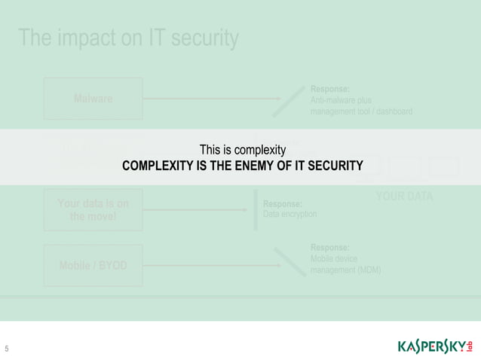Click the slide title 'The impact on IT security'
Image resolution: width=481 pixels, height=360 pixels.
tap(128, 38)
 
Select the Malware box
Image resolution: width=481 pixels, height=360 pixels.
tap(93, 99)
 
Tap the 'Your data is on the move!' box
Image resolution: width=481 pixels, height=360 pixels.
tap(93, 211)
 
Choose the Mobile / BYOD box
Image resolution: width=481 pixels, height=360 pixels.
tap(93, 266)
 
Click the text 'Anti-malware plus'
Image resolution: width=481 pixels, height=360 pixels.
tap(341, 100)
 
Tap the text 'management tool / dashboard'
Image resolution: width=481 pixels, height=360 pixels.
tap(361, 111)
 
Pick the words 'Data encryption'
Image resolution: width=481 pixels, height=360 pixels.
tap(290, 215)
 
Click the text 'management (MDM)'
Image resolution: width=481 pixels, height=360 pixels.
tap(345, 270)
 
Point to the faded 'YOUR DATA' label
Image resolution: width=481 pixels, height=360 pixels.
tap(404, 197)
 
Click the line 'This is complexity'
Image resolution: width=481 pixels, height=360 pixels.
tap(242, 150)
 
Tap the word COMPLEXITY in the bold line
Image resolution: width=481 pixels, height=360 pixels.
tap(158, 165)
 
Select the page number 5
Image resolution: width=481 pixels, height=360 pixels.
tap(7, 349)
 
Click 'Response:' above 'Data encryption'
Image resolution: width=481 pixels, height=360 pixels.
tap(283, 203)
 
